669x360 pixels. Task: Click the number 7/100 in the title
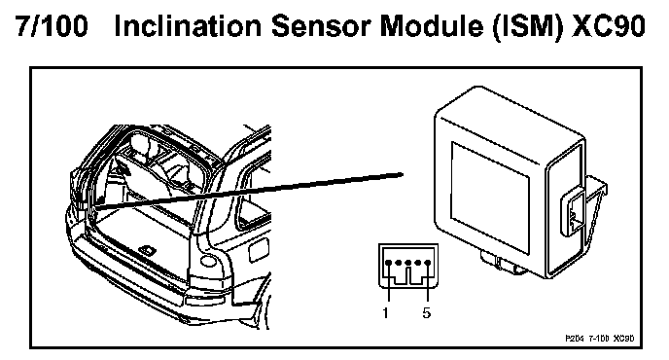[x=53, y=26]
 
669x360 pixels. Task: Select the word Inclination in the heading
[x=189, y=26]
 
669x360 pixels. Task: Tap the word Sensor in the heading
[x=321, y=26]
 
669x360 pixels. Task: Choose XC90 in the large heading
[x=609, y=26]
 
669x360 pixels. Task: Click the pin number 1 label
[x=386, y=313]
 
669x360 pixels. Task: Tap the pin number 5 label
[x=427, y=313]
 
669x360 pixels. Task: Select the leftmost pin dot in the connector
[x=389, y=263]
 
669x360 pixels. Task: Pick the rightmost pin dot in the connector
[x=428, y=263]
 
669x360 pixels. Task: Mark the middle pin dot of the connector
[x=408, y=263]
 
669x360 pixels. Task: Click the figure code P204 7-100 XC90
[x=599, y=339]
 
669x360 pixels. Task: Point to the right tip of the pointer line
[x=403, y=174]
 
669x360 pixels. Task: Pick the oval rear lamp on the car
[x=209, y=261]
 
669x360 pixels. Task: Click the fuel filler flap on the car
[x=259, y=250]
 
